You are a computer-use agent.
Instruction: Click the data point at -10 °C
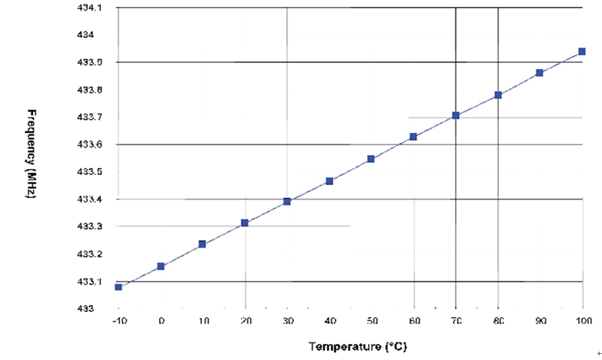(119, 287)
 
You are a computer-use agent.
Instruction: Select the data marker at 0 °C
(161, 266)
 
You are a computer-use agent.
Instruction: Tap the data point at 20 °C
(245, 222)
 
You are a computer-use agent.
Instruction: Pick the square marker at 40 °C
(330, 181)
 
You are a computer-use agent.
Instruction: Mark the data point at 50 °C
(371, 159)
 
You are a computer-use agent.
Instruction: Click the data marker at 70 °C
(456, 115)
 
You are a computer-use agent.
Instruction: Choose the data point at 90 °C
(540, 73)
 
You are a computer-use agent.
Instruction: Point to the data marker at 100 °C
(582, 51)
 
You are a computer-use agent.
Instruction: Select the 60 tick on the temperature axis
(414, 323)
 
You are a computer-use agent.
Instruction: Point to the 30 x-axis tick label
(287, 323)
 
